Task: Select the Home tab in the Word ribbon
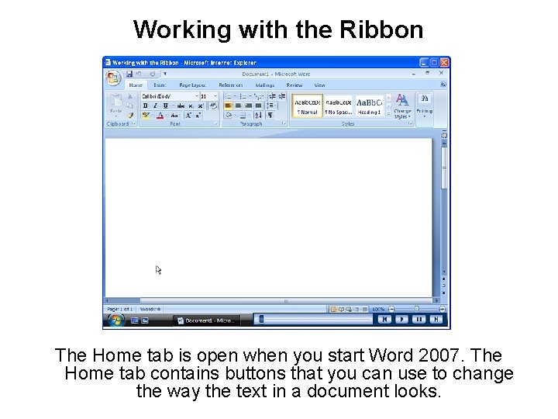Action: click(x=136, y=85)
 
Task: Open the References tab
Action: click(x=231, y=85)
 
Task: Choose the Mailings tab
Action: click(x=265, y=85)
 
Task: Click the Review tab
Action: click(x=294, y=85)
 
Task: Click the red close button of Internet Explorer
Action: click(x=445, y=62)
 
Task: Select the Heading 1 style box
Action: click(x=369, y=106)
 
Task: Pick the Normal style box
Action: click(x=307, y=106)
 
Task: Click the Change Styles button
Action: click(x=402, y=106)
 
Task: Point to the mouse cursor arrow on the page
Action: click(x=158, y=269)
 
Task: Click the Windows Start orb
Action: click(x=116, y=319)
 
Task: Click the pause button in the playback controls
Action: click(x=418, y=319)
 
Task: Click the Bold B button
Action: click(x=145, y=106)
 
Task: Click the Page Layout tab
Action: click(x=192, y=85)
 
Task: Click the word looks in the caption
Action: click(x=418, y=392)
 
